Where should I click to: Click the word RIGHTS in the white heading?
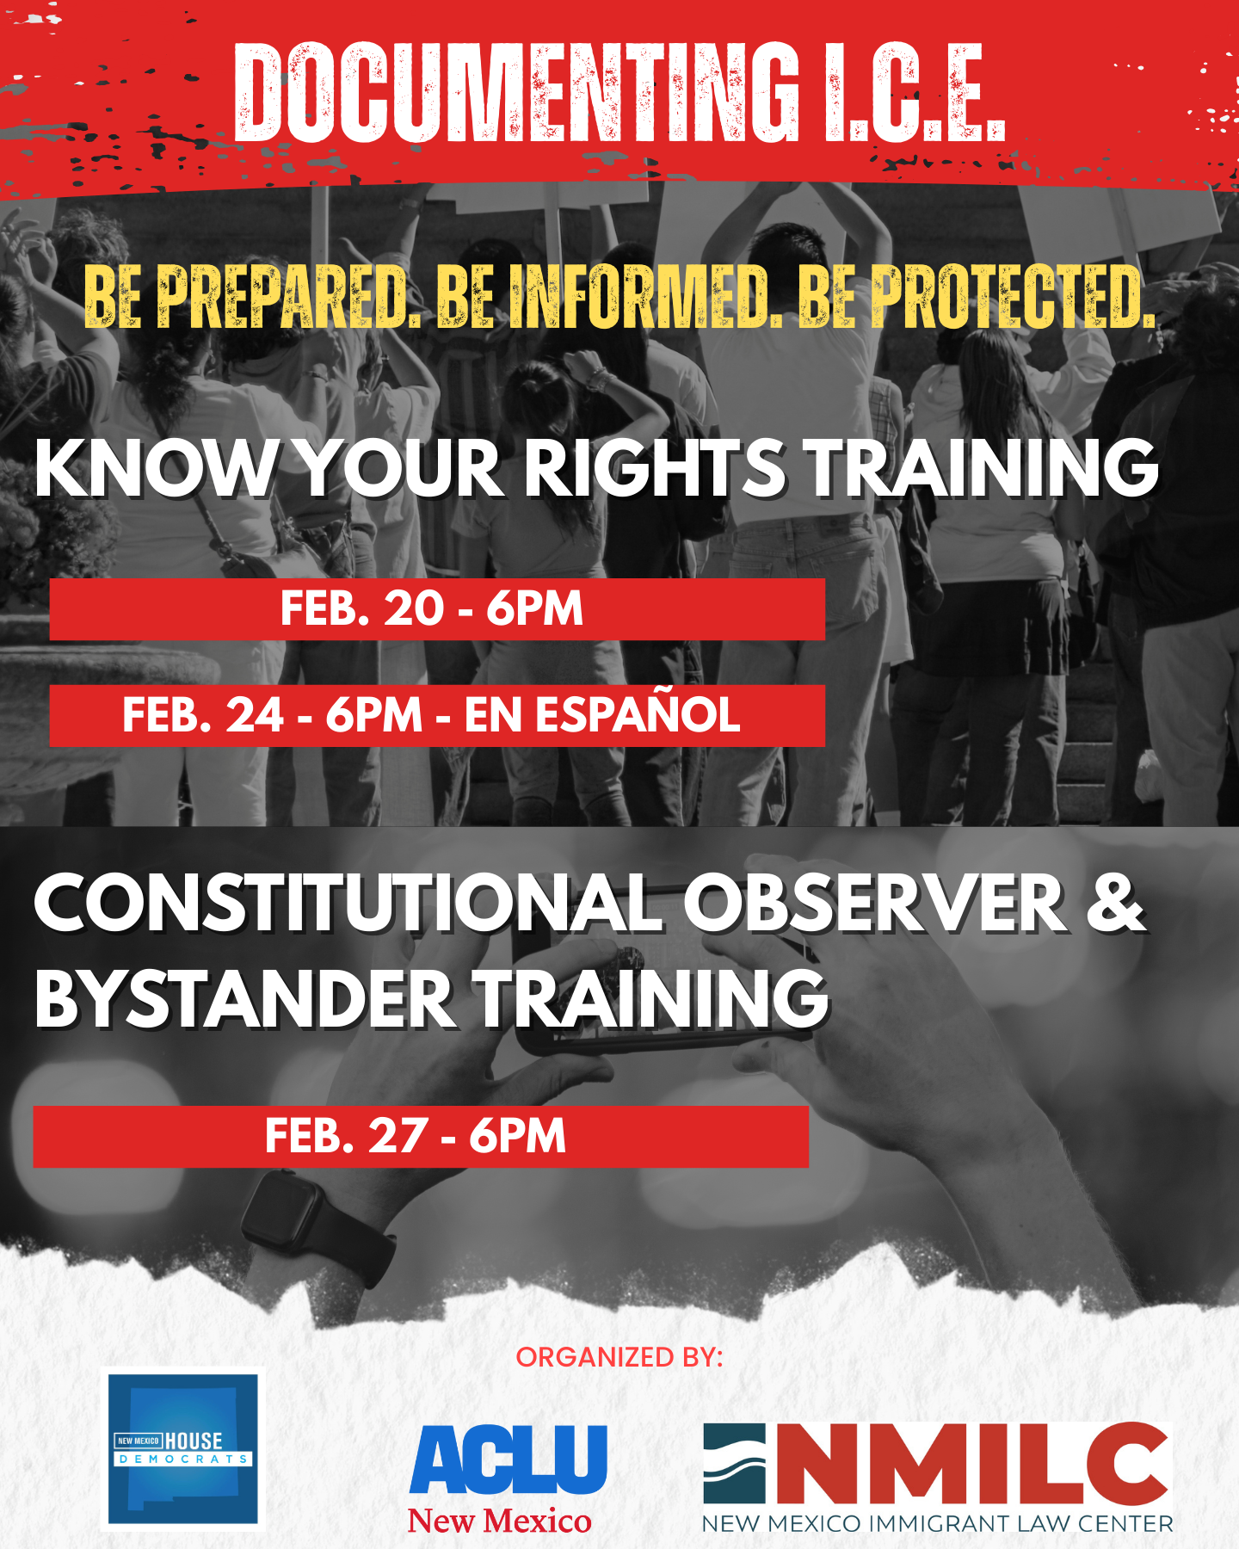654,469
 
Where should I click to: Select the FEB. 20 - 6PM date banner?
436,609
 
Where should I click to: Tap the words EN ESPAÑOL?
602,716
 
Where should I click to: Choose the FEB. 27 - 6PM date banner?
420,1137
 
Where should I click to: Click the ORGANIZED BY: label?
619,1357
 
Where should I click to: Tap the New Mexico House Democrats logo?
183,1449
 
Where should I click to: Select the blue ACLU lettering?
509,1460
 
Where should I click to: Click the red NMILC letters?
972,1463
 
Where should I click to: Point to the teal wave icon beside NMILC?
734,1463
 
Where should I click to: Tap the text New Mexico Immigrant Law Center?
938,1524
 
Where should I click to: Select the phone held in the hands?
663,998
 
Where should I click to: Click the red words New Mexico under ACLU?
500,1521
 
